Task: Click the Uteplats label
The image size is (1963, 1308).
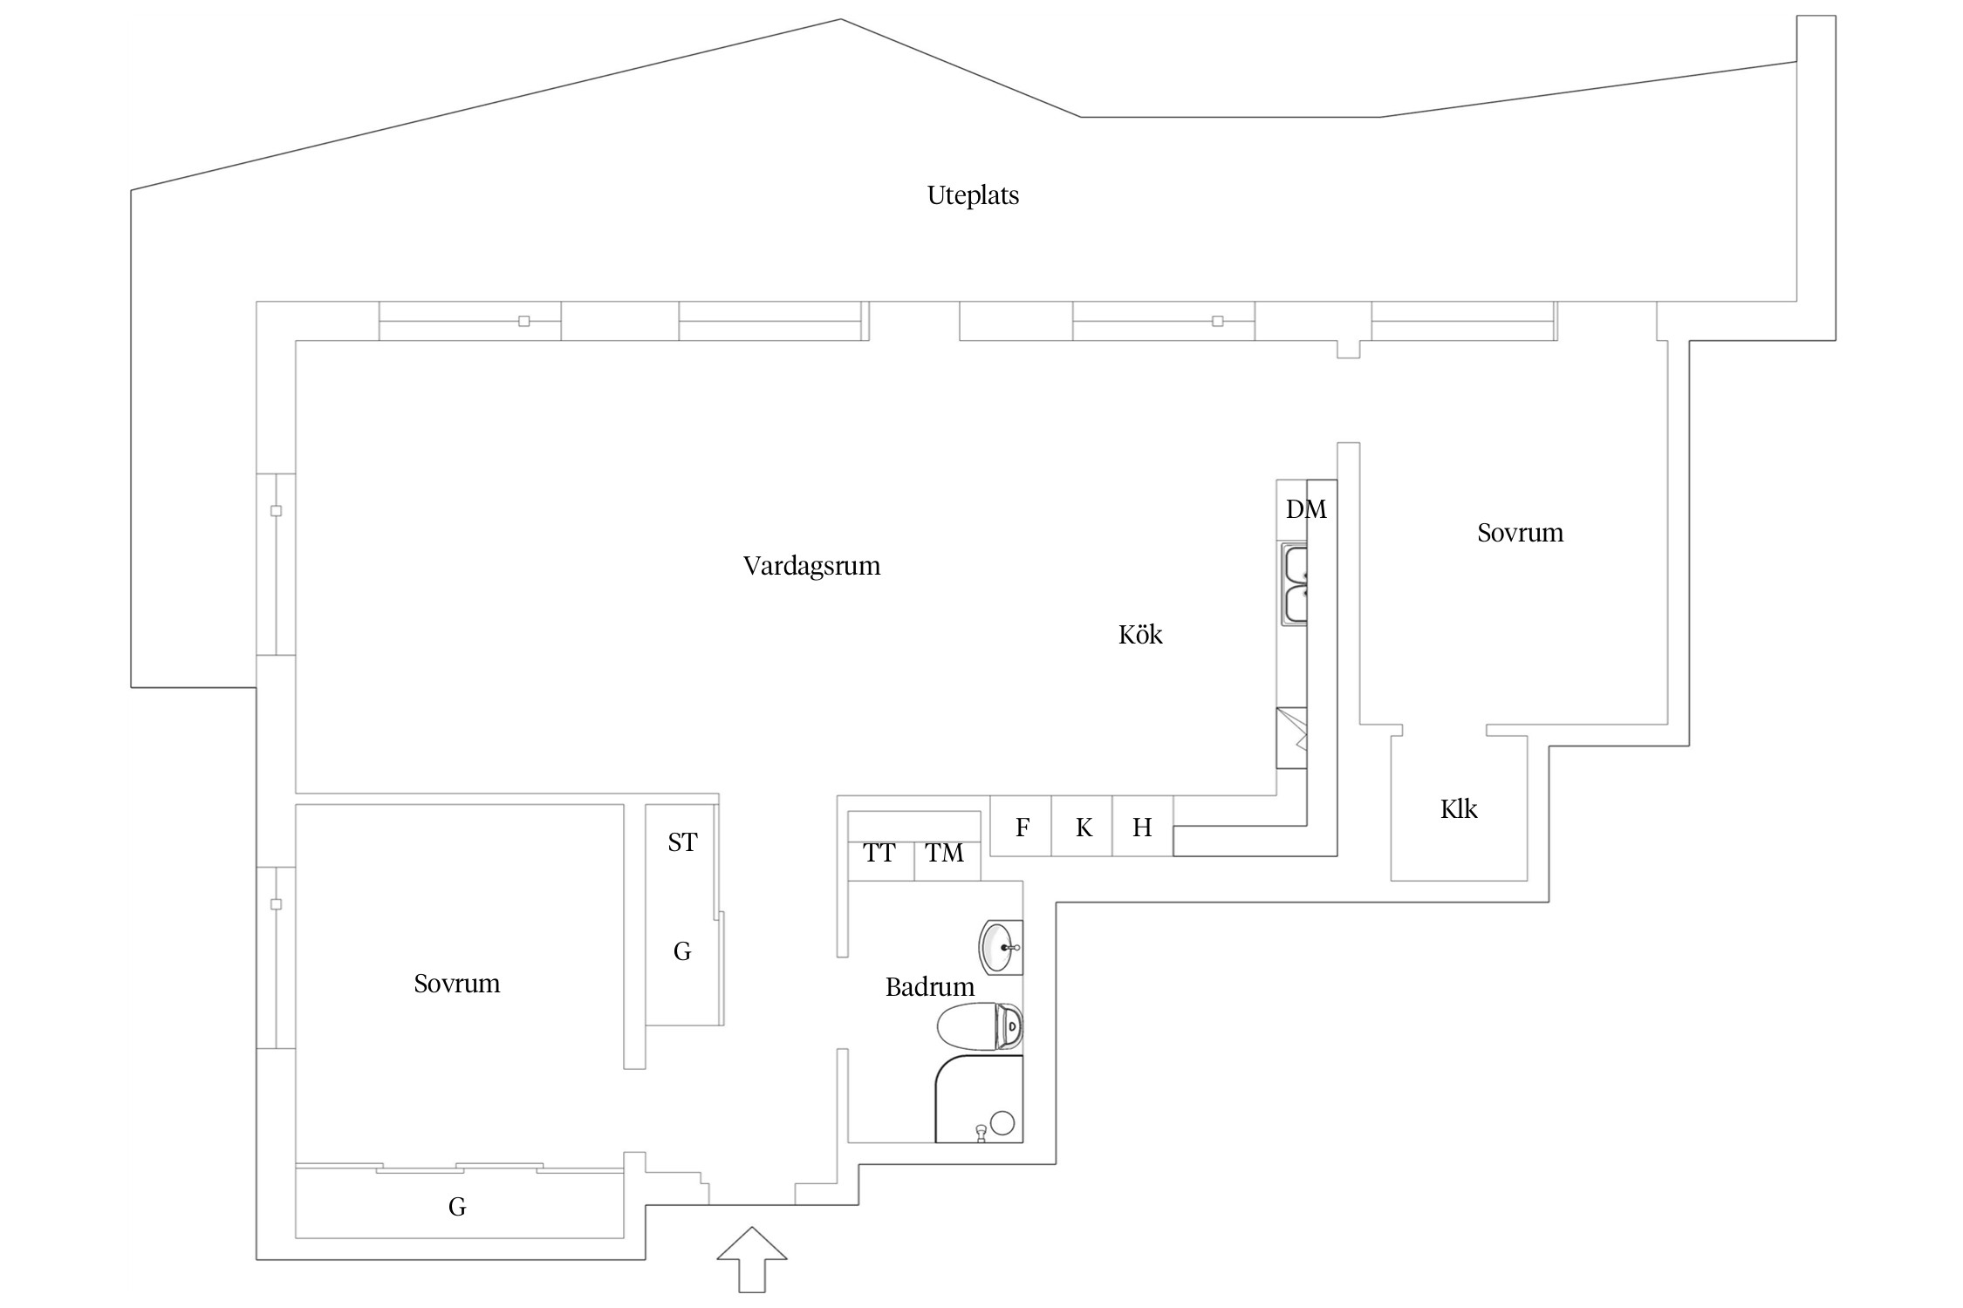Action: [972, 195]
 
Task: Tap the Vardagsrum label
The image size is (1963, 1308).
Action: [811, 566]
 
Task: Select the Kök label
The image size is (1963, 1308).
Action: [1139, 635]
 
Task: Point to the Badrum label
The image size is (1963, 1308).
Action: [929, 987]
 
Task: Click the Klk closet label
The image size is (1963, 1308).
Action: [1458, 809]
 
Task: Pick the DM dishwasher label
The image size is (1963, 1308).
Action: [1305, 509]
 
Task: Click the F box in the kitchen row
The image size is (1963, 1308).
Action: [1021, 827]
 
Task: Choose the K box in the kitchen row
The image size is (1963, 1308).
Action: [1083, 827]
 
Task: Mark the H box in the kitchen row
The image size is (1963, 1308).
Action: [1142, 827]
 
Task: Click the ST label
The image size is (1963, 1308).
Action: [682, 842]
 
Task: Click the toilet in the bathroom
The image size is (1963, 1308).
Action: [980, 1026]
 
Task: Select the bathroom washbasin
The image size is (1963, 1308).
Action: [1000, 947]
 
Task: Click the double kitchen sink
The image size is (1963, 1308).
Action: [1294, 584]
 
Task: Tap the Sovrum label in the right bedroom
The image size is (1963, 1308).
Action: [1520, 533]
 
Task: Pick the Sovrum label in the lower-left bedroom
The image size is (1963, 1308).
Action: [456, 984]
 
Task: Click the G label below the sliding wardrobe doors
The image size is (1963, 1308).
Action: [457, 1207]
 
